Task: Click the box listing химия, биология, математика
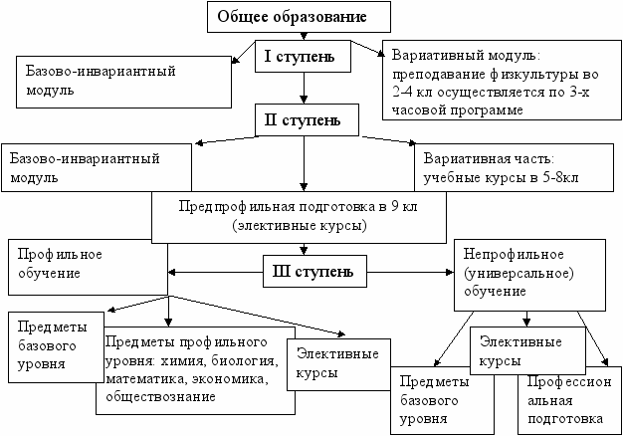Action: [x=189, y=369]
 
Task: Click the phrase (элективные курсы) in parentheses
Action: [x=301, y=226]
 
